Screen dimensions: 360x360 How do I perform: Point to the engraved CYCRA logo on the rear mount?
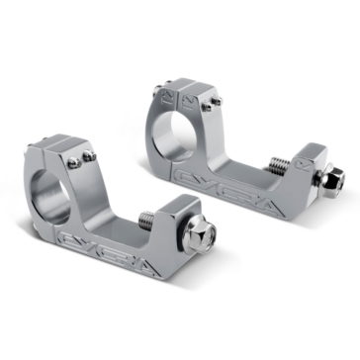tap(224, 182)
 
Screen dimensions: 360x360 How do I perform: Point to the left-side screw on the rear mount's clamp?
tap(157, 92)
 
